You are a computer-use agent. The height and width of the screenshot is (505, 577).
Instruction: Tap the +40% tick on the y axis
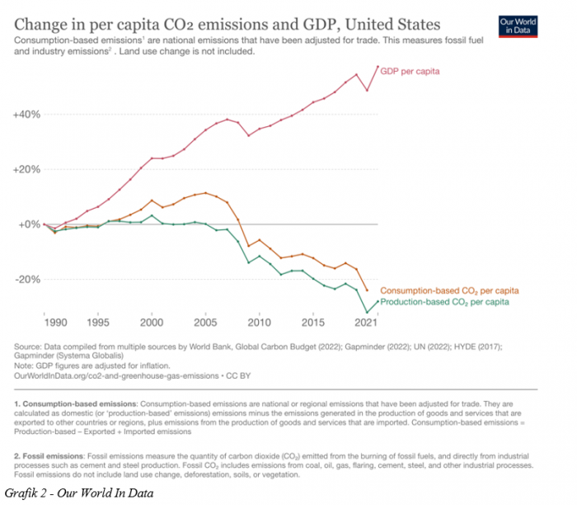coord(26,114)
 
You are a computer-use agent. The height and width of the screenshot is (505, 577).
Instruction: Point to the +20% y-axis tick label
coord(26,169)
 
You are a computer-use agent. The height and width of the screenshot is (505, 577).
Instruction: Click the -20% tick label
coord(27,279)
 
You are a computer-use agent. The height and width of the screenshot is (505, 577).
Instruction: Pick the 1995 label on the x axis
coord(98,322)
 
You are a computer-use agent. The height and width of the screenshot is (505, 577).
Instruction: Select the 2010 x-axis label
coord(260,322)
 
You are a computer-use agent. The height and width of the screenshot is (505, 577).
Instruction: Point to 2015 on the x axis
coord(313,322)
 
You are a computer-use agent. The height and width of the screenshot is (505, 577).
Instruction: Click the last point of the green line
coord(378,301)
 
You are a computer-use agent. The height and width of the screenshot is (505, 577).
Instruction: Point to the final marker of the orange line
coord(367,290)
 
